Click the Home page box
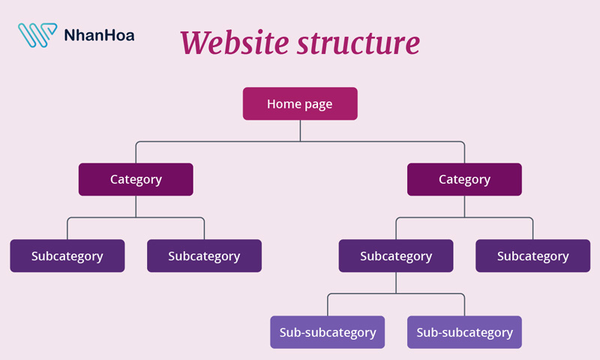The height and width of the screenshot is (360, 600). (x=300, y=103)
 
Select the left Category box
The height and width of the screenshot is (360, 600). (x=136, y=179)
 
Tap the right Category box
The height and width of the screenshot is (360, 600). (x=464, y=179)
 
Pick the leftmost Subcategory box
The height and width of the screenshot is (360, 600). (x=67, y=256)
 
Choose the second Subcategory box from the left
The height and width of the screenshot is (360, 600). (x=204, y=256)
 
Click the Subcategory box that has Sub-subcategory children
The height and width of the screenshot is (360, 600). (x=396, y=256)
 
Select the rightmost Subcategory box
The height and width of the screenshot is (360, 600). (x=532, y=256)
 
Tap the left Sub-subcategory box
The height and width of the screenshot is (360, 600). (x=328, y=332)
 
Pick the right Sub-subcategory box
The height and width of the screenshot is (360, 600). (x=464, y=332)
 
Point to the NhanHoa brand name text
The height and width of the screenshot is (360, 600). (x=100, y=34)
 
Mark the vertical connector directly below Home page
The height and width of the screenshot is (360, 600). (x=300, y=130)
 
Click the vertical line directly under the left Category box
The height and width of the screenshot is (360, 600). (x=136, y=206)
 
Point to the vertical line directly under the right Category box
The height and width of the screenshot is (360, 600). (x=464, y=206)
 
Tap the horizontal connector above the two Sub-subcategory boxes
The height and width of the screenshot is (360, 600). (x=396, y=293)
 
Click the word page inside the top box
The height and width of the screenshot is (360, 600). (x=318, y=104)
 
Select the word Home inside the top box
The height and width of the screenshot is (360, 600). (x=283, y=103)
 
